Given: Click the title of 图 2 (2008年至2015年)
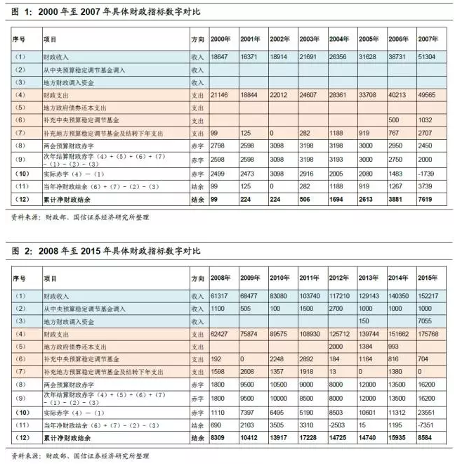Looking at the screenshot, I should point(105,251).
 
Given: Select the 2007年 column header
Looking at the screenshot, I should point(428,39).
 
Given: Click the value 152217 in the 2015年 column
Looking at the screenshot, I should point(428,297).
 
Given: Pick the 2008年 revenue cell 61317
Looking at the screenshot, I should point(220,297).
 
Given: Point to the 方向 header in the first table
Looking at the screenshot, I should point(197,39).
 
